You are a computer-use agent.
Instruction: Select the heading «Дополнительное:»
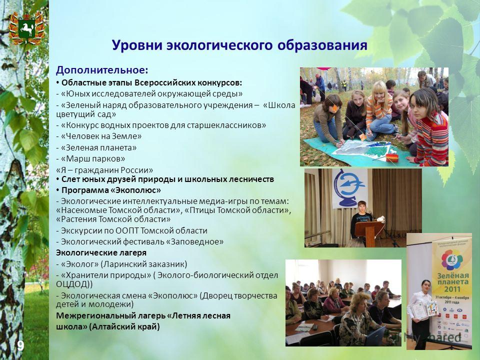[102, 70]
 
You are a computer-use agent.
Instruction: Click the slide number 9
[20, 346]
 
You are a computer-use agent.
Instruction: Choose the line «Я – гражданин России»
[104, 170]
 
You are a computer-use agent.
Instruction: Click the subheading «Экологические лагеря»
[101, 253]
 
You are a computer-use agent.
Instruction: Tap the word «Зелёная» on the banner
[452, 275]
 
